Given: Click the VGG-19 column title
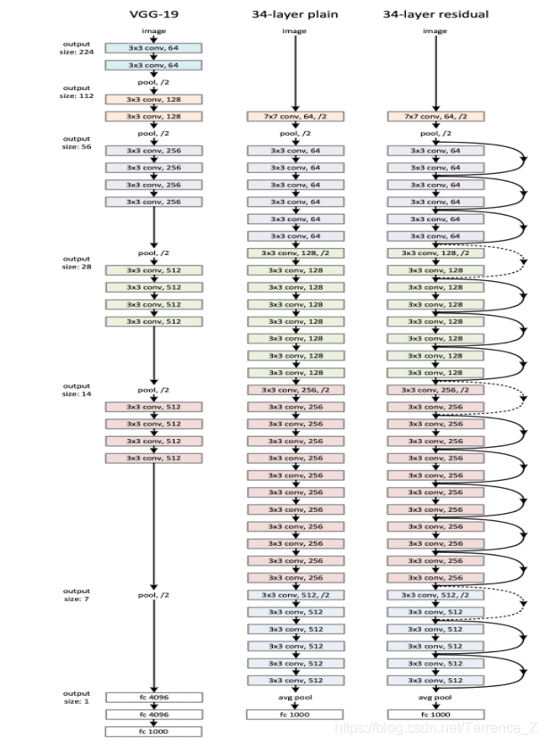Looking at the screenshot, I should pyautogui.click(x=153, y=14).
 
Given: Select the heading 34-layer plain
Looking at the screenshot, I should pyautogui.click(x=294, y=14).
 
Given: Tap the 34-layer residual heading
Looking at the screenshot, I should pyautogui.click(x=435, y=14).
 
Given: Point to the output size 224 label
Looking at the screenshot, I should pyautogui.click(x=77, y=48).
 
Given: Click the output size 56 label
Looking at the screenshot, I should pyautogui.click(x=77, y=142).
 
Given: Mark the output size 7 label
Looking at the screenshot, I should pyautogui.click(x=77, y=594).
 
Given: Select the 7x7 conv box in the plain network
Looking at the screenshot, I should pyautogui.click(x=294, y=116).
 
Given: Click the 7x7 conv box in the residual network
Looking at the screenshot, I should pyautogui.click(x=435, y=116).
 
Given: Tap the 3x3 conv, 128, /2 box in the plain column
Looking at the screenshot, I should pyautogui.click(x=294, y=253).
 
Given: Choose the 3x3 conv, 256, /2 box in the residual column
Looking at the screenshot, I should pyautogui.click(x=435, y=390).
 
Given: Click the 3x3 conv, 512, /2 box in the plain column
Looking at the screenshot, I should pyautogui.click(x=294, y=595).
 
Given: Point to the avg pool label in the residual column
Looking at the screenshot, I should pyautogui.click(x=435, y=698).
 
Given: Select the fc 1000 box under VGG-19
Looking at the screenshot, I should pyautogui.click(x=153, y=732).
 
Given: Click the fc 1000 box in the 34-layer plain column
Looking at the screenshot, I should pyautogui.click(x=294, y=715).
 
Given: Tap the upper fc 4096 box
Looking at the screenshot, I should pyautogui.click(x=153, y=698).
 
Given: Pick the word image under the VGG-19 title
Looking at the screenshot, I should pyautogui.click(x=153, y=31).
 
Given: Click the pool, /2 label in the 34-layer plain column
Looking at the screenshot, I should pyautogui.click(x=294, y=133).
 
